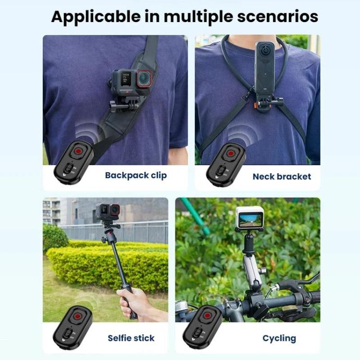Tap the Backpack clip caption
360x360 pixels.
(136, 175)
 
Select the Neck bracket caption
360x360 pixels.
(282, 177)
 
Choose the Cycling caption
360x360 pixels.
(279, 338)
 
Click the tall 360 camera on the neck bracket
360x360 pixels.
(264, 67)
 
